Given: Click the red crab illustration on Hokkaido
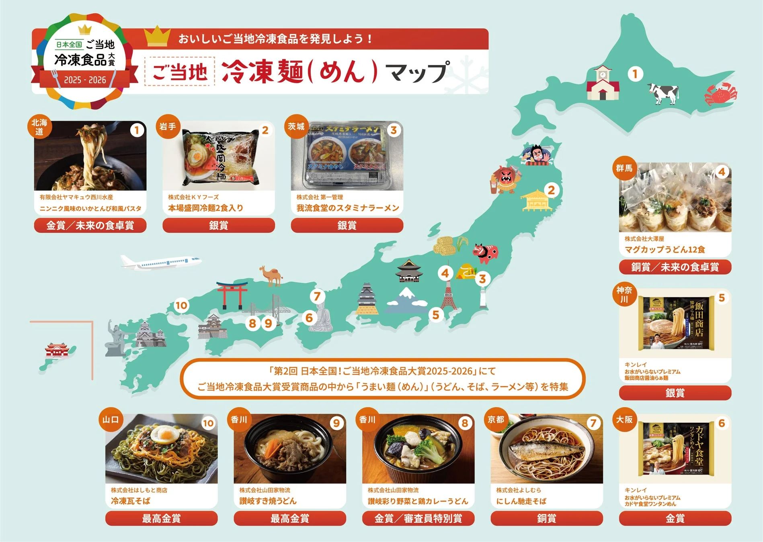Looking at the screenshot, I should [x=720, y=94].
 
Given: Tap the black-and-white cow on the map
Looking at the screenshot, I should [x=663, y=93].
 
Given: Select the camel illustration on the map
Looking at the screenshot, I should [x=271, y=275].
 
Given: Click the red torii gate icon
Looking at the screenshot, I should [x=232, y=295].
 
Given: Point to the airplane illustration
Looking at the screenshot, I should [x=161, y=263].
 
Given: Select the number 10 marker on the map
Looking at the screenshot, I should [x=181, y=306].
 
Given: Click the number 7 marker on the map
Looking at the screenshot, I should [x=317, y=297].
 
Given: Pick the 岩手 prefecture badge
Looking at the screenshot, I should [x=168, y=127].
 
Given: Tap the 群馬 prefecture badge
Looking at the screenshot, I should [x=624, y=168].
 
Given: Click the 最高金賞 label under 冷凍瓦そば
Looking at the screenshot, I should [x=161, y=518].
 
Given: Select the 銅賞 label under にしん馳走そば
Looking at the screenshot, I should [x=546, y=518].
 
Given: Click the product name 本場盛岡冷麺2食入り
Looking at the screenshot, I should [x=205, y=208].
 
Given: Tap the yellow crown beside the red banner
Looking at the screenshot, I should [x=157, y=37].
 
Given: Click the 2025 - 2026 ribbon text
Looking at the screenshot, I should [x=85, y=80].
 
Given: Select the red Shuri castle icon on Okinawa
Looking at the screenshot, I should [x=56, y=350].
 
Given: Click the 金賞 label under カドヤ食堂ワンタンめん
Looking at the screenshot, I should [x=675, y=518].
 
